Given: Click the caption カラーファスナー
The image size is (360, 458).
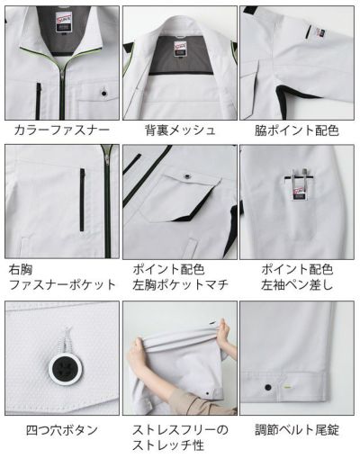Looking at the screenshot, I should [x=61, y=130].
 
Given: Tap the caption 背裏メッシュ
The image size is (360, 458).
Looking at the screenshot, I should [x=180, y=130].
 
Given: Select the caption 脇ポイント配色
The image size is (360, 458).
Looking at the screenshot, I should [x=298, y=130].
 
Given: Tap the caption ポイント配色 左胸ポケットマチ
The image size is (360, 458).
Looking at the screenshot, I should [x=180, y=276].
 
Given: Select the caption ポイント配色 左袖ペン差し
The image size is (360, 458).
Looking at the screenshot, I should [x=298, y=276].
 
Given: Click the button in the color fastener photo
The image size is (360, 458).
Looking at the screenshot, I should [x=104, y=91].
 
